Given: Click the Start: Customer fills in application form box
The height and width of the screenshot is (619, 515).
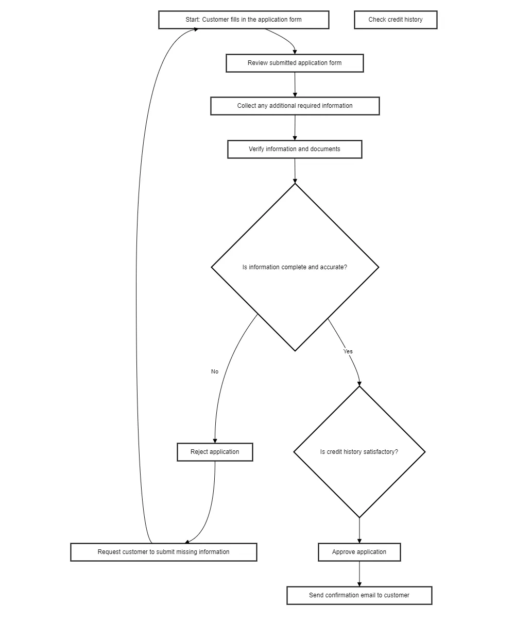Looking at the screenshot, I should pos(244,20).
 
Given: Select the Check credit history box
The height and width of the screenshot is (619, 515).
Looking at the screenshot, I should pos(396,20).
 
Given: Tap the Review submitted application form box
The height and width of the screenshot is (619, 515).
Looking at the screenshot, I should pos(295,63).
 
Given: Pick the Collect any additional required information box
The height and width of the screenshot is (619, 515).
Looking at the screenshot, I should pos(295,106).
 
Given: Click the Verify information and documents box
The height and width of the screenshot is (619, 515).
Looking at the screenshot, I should pos(295,150).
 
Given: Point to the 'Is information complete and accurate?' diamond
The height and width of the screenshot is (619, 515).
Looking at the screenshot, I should pos(295,267).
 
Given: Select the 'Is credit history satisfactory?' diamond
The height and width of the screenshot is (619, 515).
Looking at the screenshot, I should pos(359,452).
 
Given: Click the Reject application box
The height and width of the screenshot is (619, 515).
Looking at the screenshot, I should pos(215,452).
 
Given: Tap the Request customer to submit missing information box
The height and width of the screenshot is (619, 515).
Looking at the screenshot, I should pos(164,552).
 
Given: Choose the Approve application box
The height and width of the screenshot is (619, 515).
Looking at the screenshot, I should pos(359,552).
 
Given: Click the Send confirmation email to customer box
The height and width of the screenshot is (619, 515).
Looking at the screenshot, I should pos(359,596).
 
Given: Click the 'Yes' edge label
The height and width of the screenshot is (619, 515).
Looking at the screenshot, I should pos(348,352).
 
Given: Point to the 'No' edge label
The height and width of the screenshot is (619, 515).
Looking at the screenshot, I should pos(215,372).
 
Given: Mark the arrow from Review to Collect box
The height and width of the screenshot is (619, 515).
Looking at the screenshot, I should pos(295,85).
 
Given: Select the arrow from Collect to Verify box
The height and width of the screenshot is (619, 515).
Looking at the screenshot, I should pos(295,128).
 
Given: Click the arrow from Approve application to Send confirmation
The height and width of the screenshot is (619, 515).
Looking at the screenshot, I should pos(359,574).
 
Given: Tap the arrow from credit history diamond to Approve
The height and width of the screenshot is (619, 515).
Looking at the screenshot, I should pos(359,531).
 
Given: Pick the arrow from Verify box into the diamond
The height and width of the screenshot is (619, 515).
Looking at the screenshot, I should pos(295,171).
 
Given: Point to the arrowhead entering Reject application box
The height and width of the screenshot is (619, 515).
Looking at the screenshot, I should pos(215,440).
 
